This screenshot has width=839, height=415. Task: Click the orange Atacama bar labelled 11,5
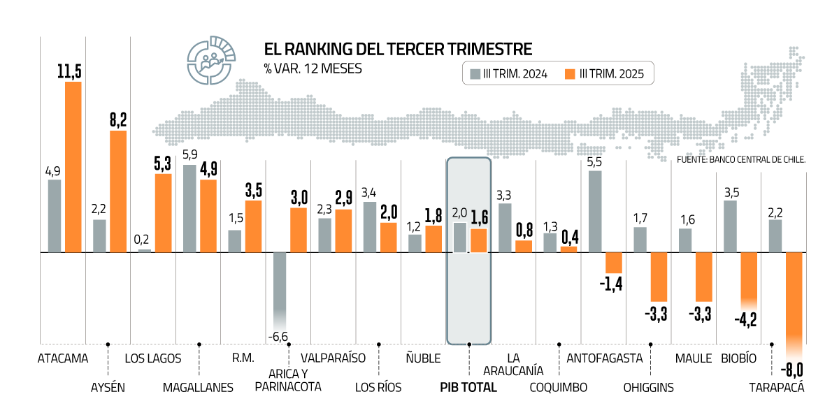coord(73,167)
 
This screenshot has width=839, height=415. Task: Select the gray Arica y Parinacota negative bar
coord(280,286)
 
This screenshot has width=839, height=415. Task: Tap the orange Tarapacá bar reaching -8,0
coord(794,300)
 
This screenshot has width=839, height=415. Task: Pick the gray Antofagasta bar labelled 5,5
coord(596,211)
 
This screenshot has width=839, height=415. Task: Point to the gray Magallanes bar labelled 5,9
coord(189,208)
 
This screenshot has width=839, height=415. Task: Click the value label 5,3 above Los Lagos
coord(163,163)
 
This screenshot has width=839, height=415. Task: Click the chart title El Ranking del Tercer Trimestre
coord(398,49)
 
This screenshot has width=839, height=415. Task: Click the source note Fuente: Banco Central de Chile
coord(741,159)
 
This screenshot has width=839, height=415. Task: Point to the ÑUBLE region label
coord(423,358)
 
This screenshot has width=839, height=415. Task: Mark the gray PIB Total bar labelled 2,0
coord(460,238)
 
